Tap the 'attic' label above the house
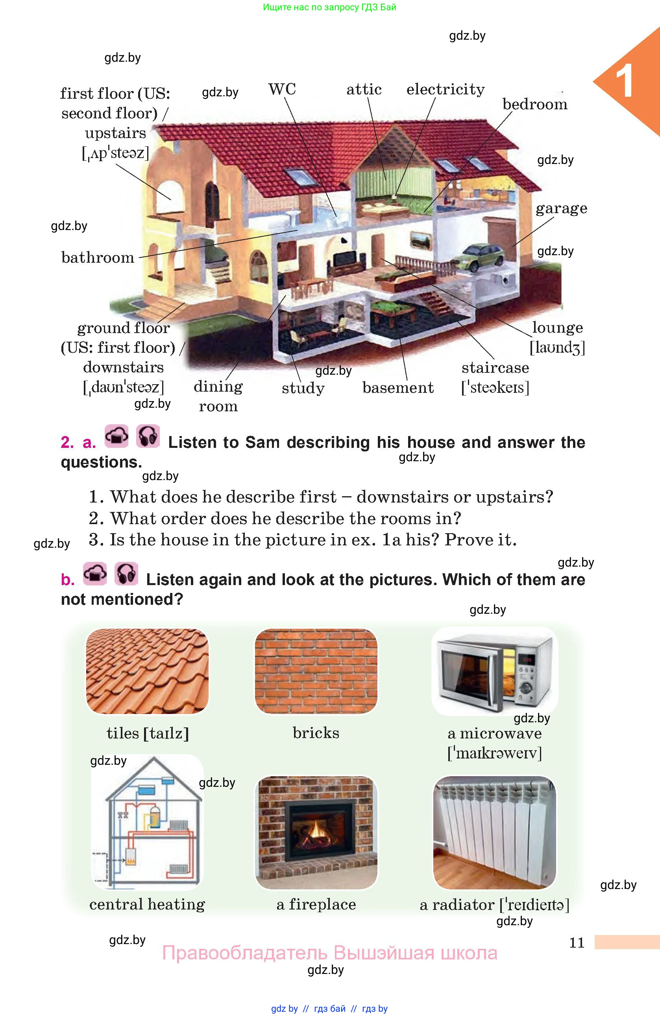click(x=364, y=89)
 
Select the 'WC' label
click(x=282, y=89)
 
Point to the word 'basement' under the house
click(x=398, y=388)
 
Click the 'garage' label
click(x=562, y=208)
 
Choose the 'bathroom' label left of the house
click(x=98, y=257)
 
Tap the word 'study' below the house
click(x=303, y=388)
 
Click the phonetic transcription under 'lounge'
click(x=557, y=347)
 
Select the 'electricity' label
click(x=446, y=89)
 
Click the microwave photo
click(x=495, y=670)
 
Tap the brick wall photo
click(x=316, y=671)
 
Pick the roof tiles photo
click(x=148, y=671)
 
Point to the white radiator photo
click(x=495, y=832)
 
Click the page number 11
click(x=577, y=943)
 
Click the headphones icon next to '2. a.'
click(x=148, y=436)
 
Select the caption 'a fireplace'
click(x=316, y=904)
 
